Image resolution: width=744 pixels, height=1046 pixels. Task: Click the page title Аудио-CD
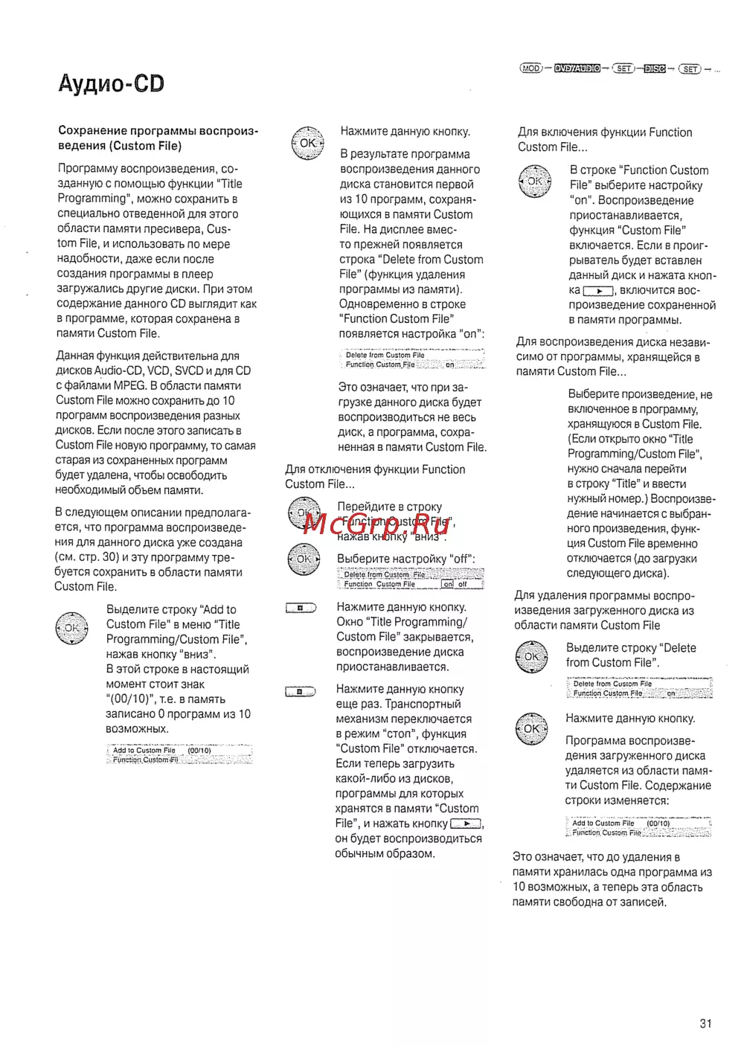pos(111,83)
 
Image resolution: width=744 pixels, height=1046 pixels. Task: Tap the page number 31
pos(705,1024)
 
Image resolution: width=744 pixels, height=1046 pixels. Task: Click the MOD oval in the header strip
pos(530,68)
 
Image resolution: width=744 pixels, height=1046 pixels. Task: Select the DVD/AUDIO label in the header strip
pos(577,68)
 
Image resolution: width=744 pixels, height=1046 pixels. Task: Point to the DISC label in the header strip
pos(655,69)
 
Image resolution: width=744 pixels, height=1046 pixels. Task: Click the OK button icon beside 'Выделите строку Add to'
pos(71,628)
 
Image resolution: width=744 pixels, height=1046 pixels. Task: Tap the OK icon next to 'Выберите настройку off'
pos(304,559)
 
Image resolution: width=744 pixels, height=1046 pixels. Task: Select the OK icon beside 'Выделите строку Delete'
pos(531,657)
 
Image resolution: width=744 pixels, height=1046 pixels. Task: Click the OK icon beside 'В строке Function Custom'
pos(534,182)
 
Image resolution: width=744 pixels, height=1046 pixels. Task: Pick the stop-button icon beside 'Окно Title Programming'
pos(301,608)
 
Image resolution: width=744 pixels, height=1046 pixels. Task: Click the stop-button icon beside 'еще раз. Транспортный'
pos(300,691)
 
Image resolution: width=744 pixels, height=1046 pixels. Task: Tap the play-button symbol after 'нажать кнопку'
pos(466,824)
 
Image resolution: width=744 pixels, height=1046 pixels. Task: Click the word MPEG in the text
pos(129,385)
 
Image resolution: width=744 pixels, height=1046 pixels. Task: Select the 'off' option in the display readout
pos(463,585)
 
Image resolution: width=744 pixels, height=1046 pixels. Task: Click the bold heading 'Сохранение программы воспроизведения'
pos(158,138)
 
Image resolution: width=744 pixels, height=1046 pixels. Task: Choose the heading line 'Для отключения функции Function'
pos(375,469)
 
